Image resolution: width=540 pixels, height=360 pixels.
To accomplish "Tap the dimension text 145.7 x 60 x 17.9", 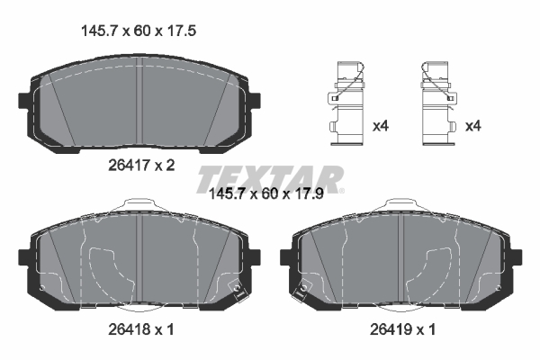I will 271,193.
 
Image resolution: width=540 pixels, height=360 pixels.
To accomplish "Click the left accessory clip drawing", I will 346,103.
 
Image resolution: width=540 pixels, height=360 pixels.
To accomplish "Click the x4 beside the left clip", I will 380,126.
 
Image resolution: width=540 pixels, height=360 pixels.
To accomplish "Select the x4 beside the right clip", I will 472,126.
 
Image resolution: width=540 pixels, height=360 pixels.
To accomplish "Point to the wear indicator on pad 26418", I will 238,291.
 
